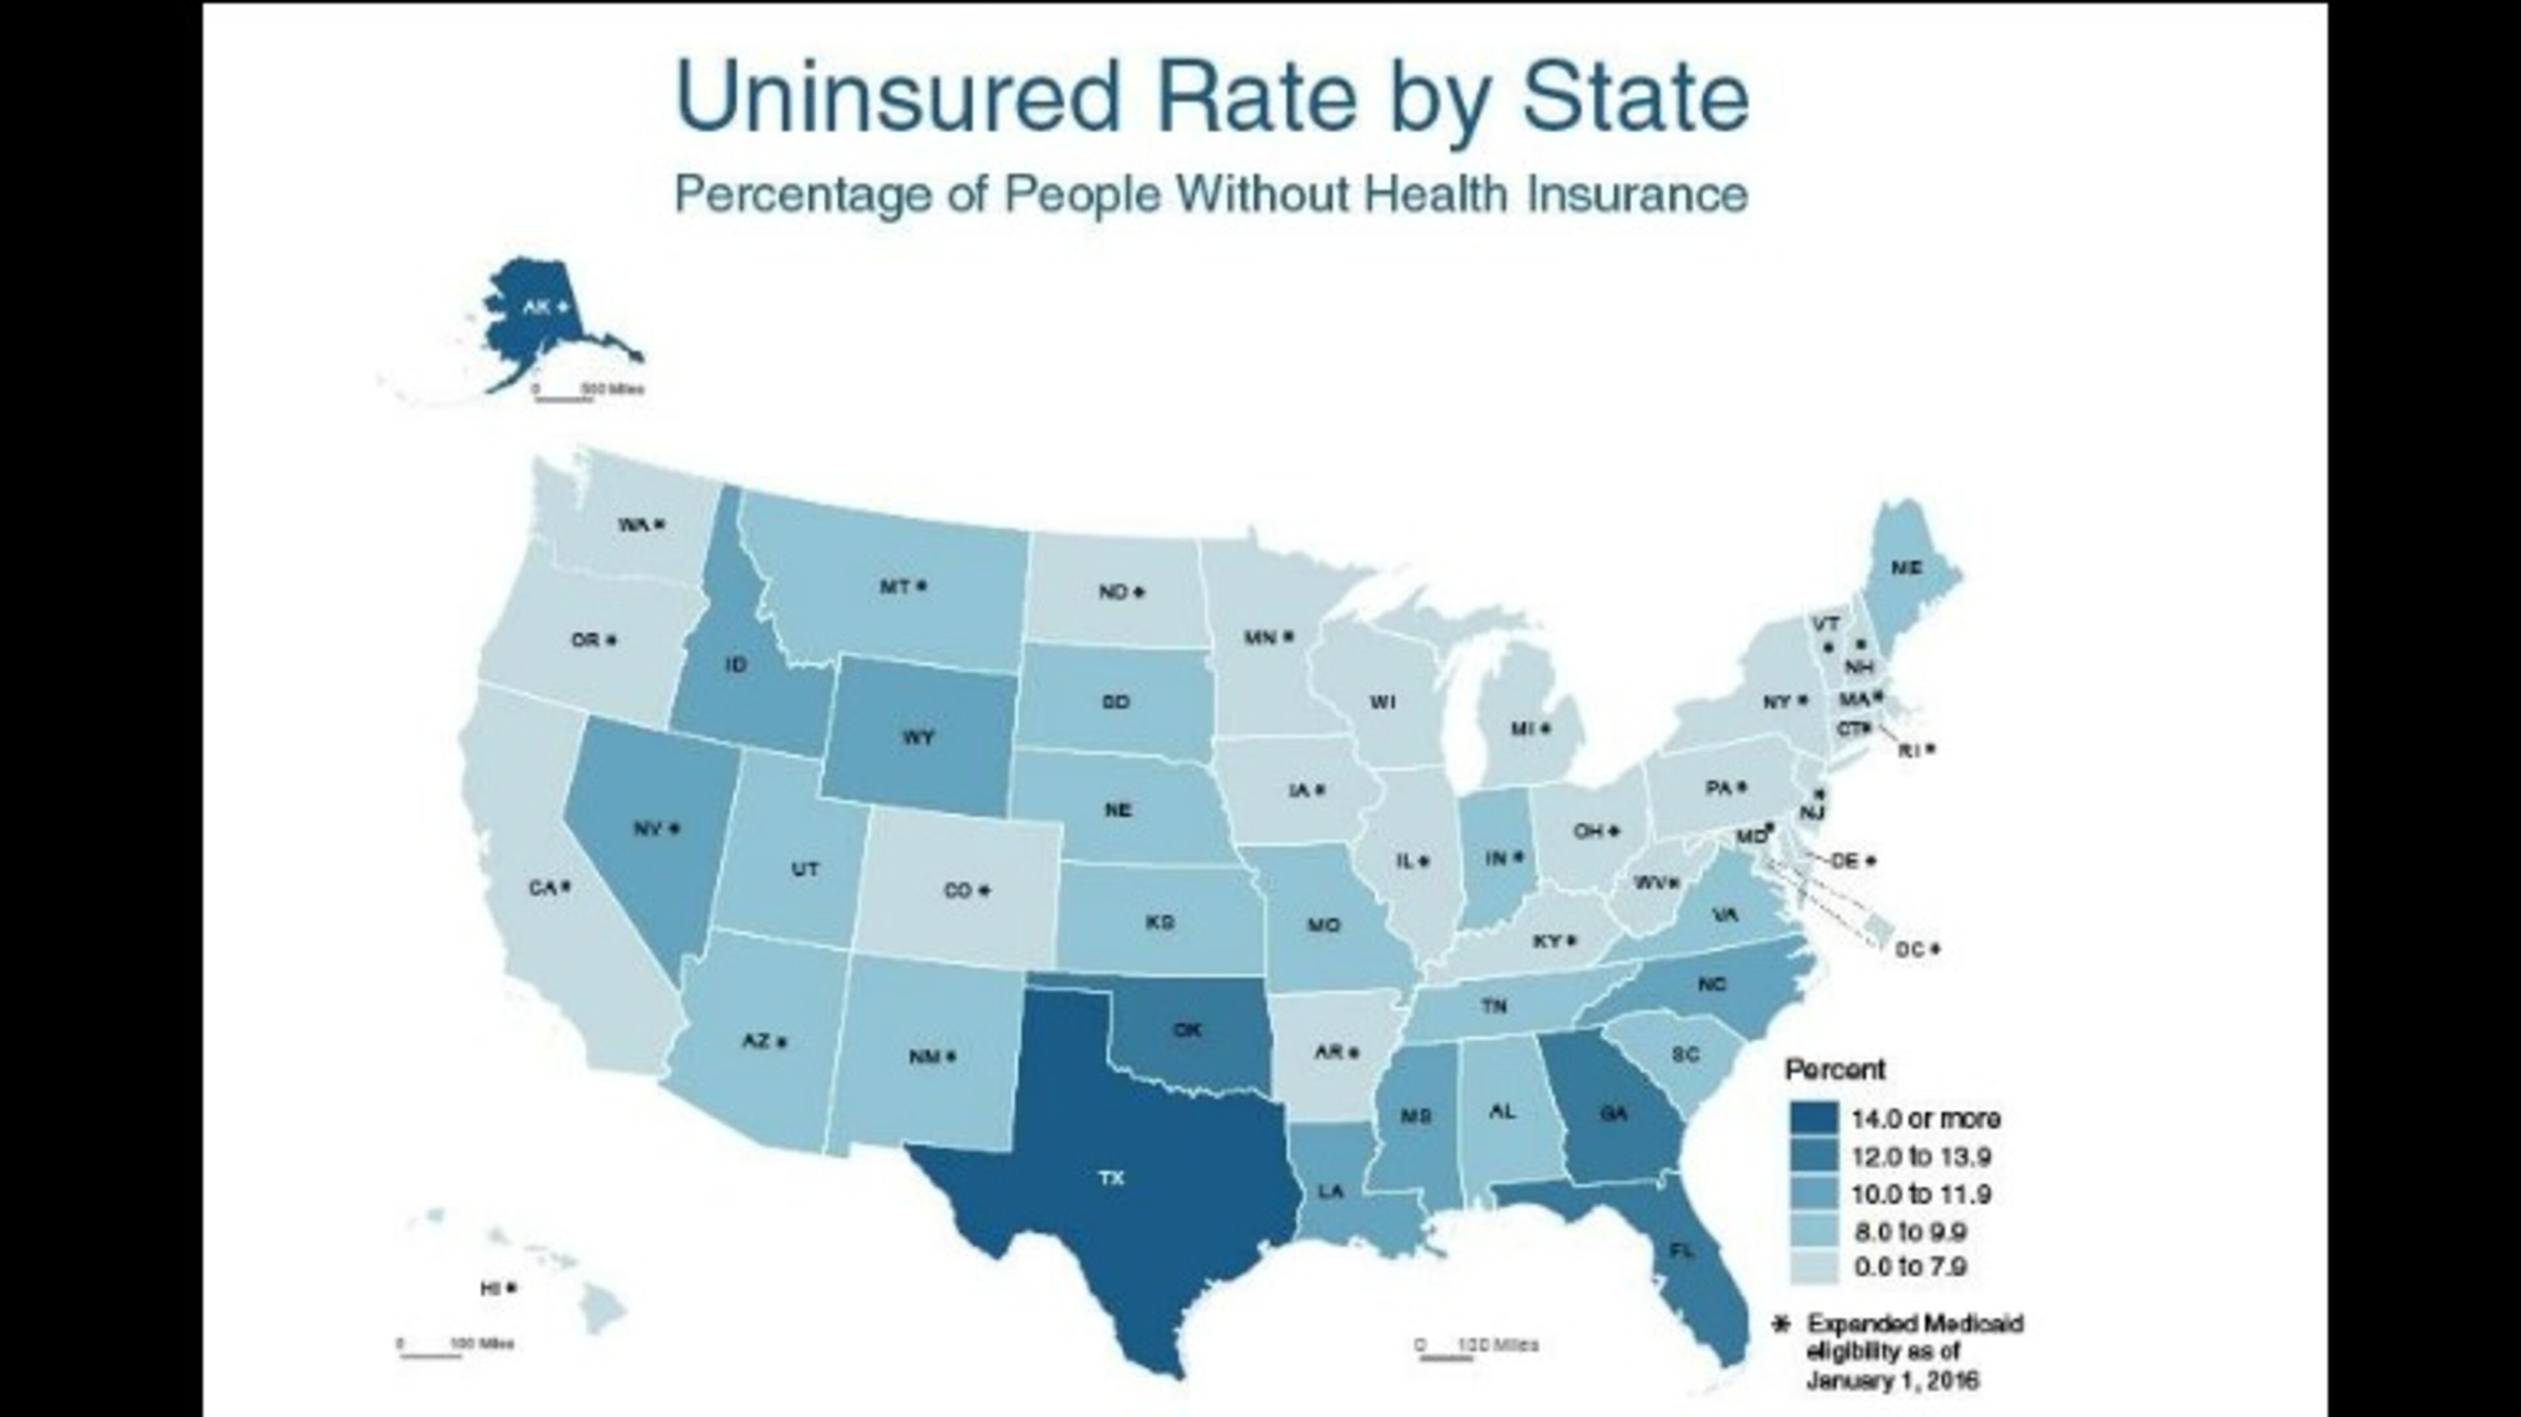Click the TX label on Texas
(1111, 1178)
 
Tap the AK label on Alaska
(536, 307)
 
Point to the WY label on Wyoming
(917, 738)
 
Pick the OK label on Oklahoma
(1186, 1030)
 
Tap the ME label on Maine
(1905, 568)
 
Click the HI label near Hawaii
(491, 1289)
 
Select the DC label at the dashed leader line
(1909, 949)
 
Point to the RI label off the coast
(1909, 751)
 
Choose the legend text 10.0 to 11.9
(1921, 1194)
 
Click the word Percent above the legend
(1835, 1070)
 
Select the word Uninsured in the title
(896, 96)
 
